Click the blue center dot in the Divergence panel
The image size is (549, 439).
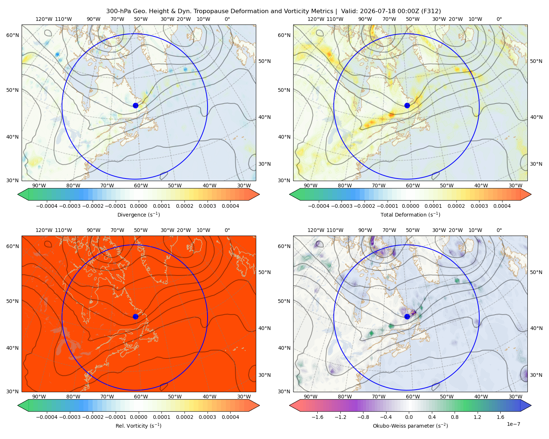pyautogui.click(x=135, y=106)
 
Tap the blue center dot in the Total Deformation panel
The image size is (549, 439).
pyautogui.click(x=407, y=106)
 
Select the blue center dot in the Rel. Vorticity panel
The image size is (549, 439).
pyautogui.click(x=135, y=316)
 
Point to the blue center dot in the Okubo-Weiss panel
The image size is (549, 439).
pyautogui.click(x=407, y=316)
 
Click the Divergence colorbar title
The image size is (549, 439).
pyautogui.click(x=138, y=215)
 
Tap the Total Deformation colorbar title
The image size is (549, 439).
pyautogui.click(x=410, y=215)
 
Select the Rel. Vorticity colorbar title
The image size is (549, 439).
pyautogui.click(x=138, y=426)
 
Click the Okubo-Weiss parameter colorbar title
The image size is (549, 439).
pyautogui.click(x=410, y=426)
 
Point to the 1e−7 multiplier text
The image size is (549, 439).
pyautogui.click(x=513, y=424)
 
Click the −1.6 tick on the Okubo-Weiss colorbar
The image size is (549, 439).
pyautogui.click(x=317, y=417)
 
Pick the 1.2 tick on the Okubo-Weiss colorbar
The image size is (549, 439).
pyautogui.click(x=477, y=417)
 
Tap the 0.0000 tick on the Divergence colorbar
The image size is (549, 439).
pyautogui.click(x=138, y=206)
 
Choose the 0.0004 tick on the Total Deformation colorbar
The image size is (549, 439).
pyautogui.click(x=502, y=206)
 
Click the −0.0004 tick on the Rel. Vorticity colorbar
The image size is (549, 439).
pyautogui.click(x=47, y=417)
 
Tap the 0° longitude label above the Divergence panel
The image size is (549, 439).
pyautogui.click(x=227, y=19)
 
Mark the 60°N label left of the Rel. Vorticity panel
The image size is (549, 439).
pyautogui.click(x=12, y=247)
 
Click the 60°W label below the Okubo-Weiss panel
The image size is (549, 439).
pyautogui.click(x=412, y=397)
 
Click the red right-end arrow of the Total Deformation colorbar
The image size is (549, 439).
pyautogui.click(x=526, y=194)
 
